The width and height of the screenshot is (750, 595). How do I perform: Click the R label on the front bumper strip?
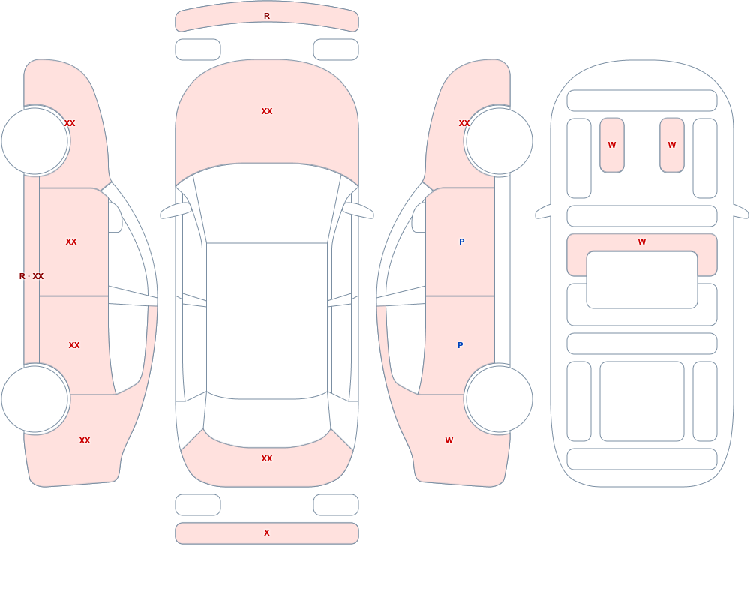[267, 17]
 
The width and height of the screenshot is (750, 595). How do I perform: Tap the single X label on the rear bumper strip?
[267, 533]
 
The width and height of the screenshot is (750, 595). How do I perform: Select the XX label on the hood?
[267, 111]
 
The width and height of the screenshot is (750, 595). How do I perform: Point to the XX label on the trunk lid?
[267, 458]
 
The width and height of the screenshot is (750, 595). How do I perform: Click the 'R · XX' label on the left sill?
[31, 276]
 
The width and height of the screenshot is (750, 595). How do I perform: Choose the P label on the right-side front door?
[461, 242]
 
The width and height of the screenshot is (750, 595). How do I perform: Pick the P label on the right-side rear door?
[460, 345]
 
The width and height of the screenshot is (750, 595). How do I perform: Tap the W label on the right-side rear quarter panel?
[449, 440]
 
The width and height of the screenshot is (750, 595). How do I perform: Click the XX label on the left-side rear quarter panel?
[85, 440]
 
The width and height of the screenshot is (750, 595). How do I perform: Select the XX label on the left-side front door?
[71, 242]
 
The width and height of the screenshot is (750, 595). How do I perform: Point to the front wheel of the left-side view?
[35, 141]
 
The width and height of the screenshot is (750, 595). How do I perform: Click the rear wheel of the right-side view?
[499, 399]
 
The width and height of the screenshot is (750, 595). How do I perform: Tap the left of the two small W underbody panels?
[612, 145]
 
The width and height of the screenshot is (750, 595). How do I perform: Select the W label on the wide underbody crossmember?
[642, 242]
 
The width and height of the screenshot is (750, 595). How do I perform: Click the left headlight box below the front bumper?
[198, 50]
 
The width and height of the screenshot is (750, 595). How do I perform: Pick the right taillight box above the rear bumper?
[336, 505]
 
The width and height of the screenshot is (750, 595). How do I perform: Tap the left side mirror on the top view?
[175, 211]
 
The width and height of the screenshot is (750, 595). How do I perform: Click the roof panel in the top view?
[267, 320]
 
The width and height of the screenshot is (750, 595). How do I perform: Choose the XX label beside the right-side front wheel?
[464, 123]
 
